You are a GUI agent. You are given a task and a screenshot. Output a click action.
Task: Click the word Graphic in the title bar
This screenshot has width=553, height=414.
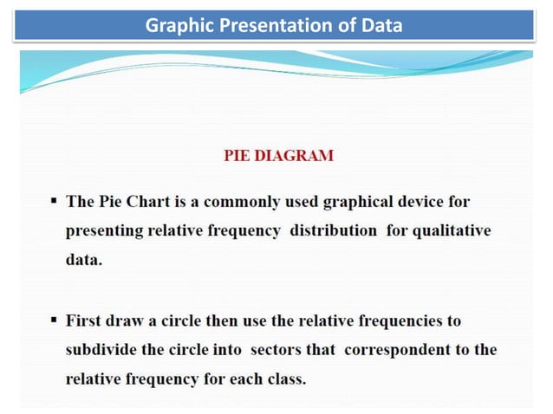(x=172, y=26)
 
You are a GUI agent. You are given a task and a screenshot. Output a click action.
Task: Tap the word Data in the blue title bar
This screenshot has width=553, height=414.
(x=382, y=26)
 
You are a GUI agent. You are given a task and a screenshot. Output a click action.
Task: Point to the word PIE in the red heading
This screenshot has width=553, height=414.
(x=237, y=157)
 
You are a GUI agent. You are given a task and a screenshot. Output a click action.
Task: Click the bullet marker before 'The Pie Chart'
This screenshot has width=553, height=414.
(x=55, y=202)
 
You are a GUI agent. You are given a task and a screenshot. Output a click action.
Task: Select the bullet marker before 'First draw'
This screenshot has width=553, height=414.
(x=55, y=320)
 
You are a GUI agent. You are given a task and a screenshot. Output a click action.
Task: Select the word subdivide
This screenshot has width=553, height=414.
(x=102, y=350)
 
